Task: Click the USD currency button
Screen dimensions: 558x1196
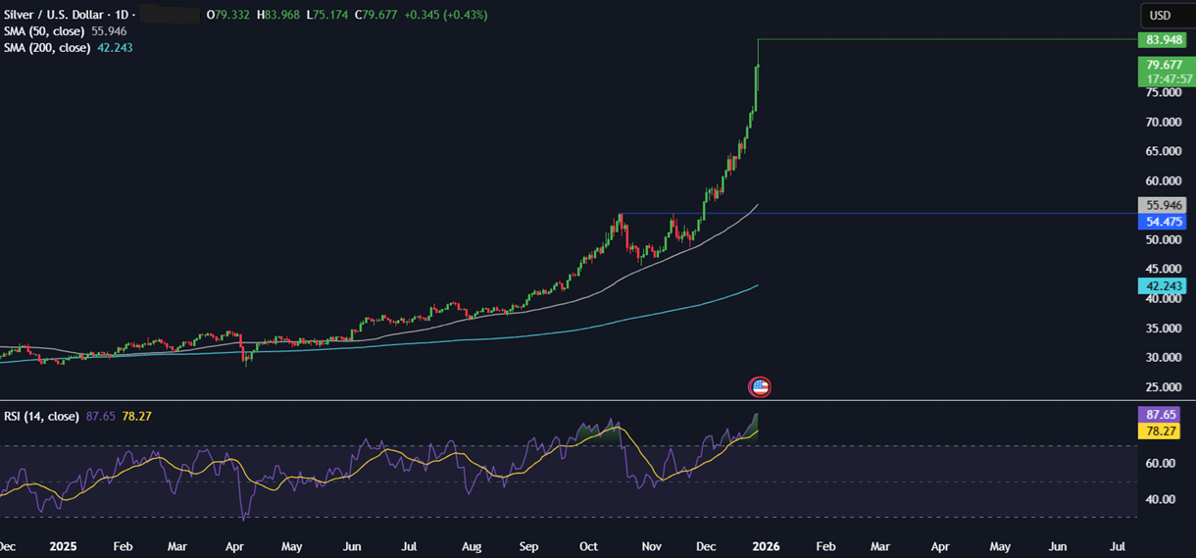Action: [1161, 15]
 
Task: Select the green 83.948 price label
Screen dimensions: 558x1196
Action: [1160, 40]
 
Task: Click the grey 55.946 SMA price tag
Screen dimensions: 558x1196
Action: [1160, 205]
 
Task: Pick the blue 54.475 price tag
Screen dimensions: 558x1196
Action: [1160, 222]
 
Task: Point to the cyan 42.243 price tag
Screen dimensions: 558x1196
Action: [1160, 286]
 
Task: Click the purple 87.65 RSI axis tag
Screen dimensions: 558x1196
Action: [1160, 415]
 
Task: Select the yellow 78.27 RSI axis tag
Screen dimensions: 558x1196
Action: [1160, 431]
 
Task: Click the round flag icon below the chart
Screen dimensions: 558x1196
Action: [760, 386]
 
